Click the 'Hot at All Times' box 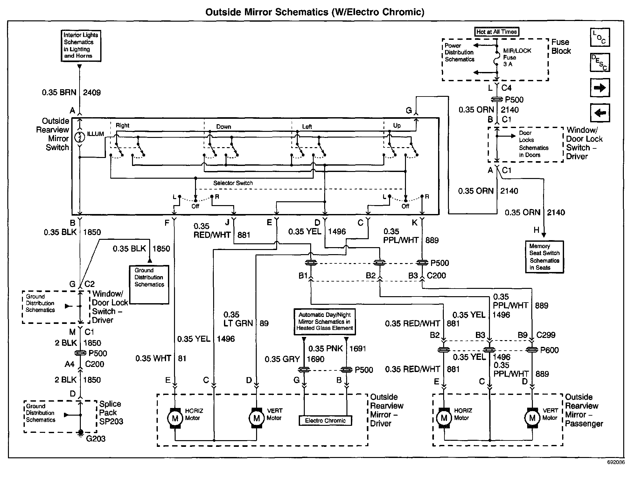coord(496,32)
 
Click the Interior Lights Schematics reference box coord(81,46)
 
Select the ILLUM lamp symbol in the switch coord(80,137)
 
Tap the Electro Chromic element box coord(325,420)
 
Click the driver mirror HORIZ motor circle coord(175,418)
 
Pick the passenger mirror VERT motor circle coord(532,418)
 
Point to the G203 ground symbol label coord(96,439)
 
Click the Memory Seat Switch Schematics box coord(544,257)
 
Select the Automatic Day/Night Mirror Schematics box coord(324,322)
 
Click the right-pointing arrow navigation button coord(600,88)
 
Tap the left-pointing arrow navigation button coord(600,113)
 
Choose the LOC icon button coord(600,38)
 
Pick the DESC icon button coord(600,62)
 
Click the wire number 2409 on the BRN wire coord(92,93)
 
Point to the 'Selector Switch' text coord(233,183)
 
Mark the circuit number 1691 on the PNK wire coord(358,349)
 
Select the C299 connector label coord(546,335)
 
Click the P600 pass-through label coord(549,350)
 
